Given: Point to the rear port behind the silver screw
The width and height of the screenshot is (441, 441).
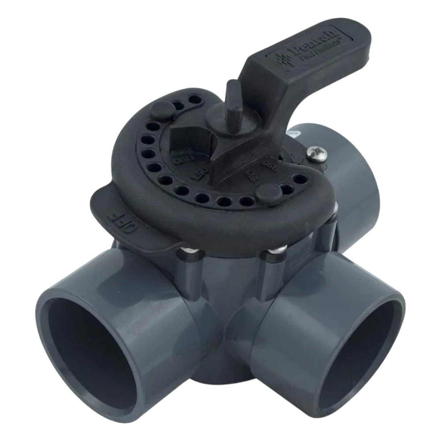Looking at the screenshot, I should [353, 176].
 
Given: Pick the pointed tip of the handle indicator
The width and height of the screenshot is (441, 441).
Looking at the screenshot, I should [216, 176].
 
